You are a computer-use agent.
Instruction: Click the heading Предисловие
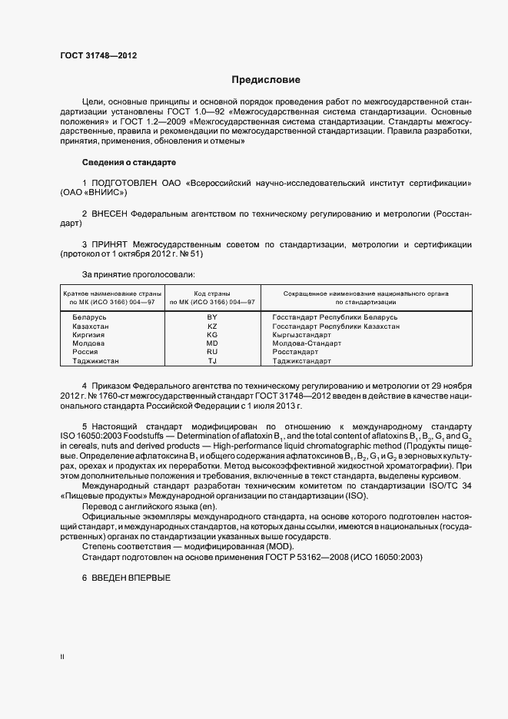[x=267, y=79]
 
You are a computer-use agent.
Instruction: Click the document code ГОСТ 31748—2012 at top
[x=98, y=55]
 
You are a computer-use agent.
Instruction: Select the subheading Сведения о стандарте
[x=128, y=163]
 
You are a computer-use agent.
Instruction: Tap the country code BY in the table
[x=213, y=317]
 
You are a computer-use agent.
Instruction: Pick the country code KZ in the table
[x=213, y=326]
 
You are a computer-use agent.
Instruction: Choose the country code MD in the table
[x=213, y=343]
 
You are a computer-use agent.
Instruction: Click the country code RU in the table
[x=213, y=352]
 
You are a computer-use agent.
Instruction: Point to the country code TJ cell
[x=213, y=361]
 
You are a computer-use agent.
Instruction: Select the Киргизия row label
[x=89, y=335]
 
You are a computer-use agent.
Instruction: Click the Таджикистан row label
[x=96, y=361]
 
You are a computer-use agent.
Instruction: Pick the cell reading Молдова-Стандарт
[x=307, y=343]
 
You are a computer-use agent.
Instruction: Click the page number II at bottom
[x=62, y=657]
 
